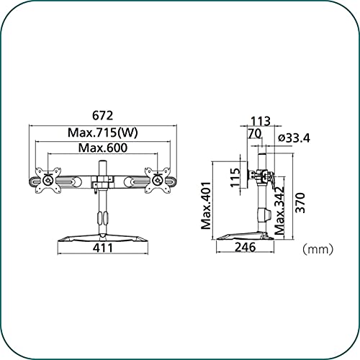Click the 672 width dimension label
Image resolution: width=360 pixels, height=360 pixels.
pos(102,115)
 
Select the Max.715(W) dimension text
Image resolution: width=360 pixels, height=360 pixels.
pos(103,132)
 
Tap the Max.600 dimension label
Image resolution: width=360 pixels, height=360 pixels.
pos(103,148)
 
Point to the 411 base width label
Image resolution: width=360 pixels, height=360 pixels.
pos(103,248)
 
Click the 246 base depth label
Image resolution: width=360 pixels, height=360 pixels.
pos(246,247)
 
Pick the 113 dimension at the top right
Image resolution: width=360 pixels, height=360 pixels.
pos(261,121)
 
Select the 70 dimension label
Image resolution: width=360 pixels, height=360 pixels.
pos(255,134)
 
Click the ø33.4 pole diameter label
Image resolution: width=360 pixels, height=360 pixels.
pos(294,138)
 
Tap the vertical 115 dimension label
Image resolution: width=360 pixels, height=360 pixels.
pos(235,178)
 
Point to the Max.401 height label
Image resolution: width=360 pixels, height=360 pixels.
pos(206,206)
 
